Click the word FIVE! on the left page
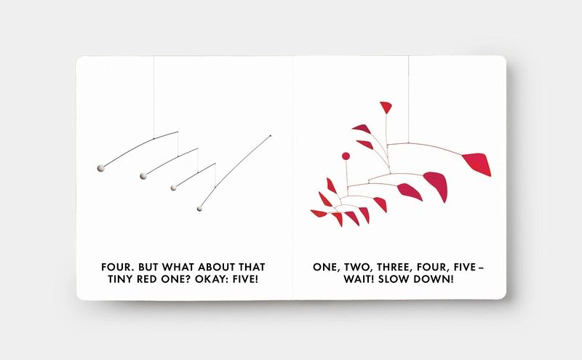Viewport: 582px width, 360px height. point(245,279)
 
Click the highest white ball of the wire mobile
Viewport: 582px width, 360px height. point(100,169)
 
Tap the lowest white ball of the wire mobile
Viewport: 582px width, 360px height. point(199,209)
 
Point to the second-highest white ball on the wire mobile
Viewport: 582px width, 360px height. point(143,176)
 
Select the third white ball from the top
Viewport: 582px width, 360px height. point(173,188)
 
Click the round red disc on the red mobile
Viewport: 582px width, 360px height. point(346,156)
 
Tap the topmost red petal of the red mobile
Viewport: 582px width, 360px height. point(386,107)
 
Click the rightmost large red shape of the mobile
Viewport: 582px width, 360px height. point(478,164)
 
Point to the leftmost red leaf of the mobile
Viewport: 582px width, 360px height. point(319,213)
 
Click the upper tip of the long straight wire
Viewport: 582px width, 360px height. point(270,136)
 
